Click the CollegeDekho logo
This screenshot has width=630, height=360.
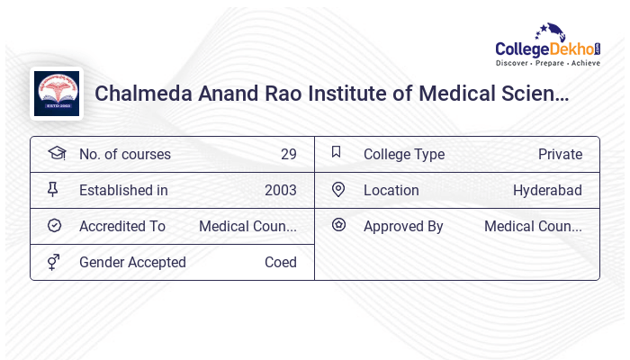548,46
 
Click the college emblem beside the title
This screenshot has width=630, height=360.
57,94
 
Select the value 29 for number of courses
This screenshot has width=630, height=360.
288,154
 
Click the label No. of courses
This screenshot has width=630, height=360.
124,154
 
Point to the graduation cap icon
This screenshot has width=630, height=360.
56,153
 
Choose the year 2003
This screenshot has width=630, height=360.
280,190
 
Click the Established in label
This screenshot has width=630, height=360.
123,190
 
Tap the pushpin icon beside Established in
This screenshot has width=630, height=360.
54,189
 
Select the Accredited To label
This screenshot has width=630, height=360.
122,226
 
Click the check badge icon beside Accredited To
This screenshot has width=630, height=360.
54,225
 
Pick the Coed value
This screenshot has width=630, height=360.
280,262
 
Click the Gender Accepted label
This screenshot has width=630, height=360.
132,262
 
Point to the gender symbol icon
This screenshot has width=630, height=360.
54,262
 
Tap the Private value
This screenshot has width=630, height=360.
560,154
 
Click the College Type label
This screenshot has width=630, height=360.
403,154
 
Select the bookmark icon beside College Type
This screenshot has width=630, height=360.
337,152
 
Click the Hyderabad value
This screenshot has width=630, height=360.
547,190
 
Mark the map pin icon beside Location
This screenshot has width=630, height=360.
338,189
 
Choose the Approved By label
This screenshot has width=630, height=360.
403,226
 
